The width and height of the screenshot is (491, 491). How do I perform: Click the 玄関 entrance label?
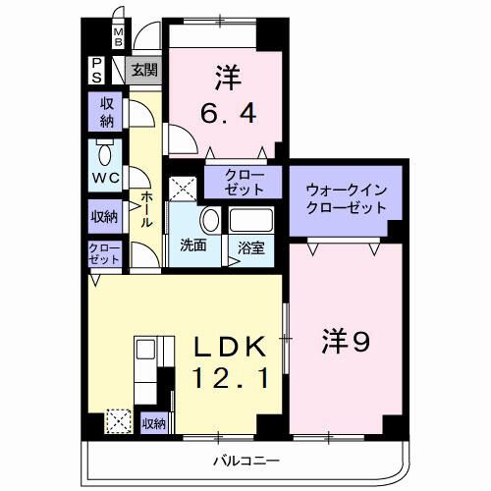pyautogui.click(x=144, y=71)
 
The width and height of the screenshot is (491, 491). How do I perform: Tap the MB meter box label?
pyautogui.click(x=118, y=38)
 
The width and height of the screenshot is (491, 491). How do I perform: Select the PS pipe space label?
pyautogui.click(x=99, y=71)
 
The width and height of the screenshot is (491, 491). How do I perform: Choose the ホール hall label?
pyautogui.click(x=146, y=208)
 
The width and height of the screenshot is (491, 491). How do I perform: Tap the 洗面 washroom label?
pyautogui.click(x=192, y=245)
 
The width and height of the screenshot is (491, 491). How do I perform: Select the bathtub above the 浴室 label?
pyautogui.click(x=254, y=221)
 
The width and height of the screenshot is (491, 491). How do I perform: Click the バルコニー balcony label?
pyautogui.click(x=245, y=461)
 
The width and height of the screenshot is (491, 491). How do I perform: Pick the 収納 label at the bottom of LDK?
pyautogui.click(x=153, y=423)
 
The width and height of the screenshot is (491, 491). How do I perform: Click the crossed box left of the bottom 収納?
pyautogui.click(x=119, y=421)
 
